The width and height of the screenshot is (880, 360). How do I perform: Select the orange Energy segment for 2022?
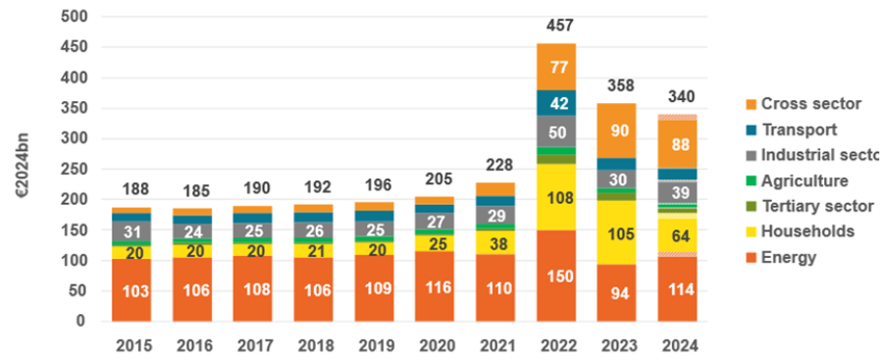coord(556,276)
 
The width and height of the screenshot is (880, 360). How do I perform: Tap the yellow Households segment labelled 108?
coord(556,197)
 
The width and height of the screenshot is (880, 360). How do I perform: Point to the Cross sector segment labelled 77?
coord(556,67)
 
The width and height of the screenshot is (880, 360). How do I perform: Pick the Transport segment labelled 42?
coord(556,103)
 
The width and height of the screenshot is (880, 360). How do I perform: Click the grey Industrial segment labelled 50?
coord(556,131)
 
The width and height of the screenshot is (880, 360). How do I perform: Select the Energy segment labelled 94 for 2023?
coord(617,292)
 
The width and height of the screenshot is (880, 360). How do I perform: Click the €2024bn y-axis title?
coord(23,168)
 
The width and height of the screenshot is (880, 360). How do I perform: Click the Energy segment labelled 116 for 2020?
coord(435,286)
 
